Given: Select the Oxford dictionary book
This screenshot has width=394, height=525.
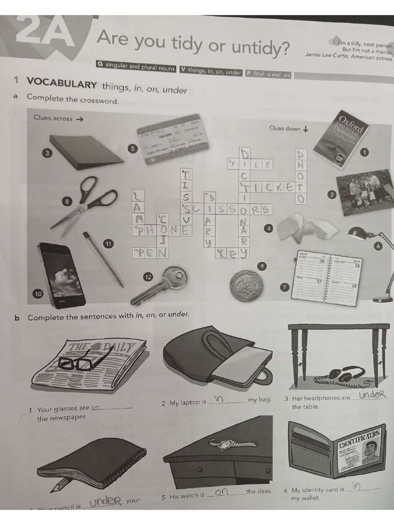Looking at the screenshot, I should pos(341,138).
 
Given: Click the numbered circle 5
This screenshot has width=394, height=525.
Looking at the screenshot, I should pos(132,149).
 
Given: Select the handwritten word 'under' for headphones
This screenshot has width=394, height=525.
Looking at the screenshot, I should pos(372,394).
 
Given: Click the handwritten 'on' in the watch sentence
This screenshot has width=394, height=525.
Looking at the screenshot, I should pos(222,492).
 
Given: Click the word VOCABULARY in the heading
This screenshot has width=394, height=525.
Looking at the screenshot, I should pos(62,84).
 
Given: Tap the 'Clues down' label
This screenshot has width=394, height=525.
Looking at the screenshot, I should pos(285,128).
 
